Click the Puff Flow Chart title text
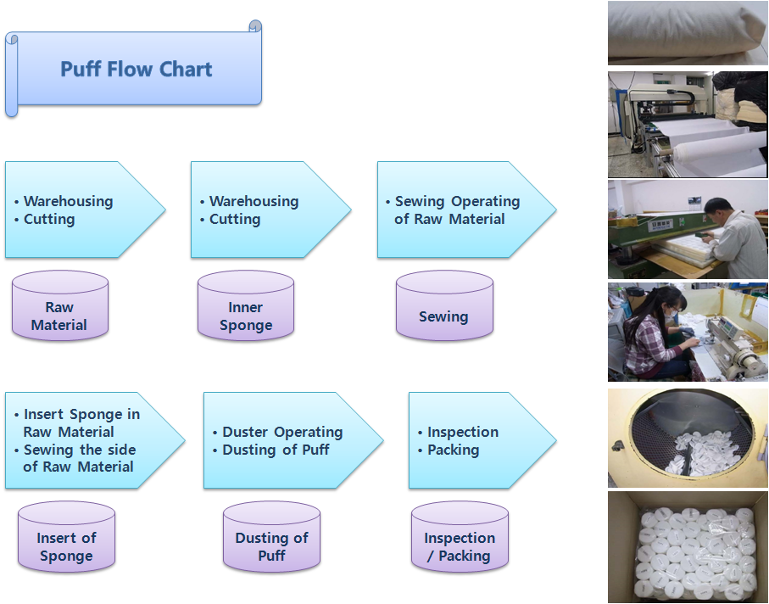click(x=137, y=70)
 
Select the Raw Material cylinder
click(x=60, y=305)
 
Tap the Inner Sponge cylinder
click(x=246, y=305)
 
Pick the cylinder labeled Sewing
click(x=444, y=305)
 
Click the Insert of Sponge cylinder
click(x=66, y=537)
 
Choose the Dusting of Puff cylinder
click(x=271, y=537)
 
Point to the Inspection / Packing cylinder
click(x=460, y=537)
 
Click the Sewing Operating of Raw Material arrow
click(x=466, y=210)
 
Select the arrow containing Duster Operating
click(x=293, y=440)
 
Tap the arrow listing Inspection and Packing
click(x=482, y=440)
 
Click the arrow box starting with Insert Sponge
click(x=95, y=440)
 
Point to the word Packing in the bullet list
click(x=453, y=450)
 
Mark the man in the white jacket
click(x=733, y=238)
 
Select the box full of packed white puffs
click(x=688, y=547)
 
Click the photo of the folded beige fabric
click(x=688, y=33)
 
